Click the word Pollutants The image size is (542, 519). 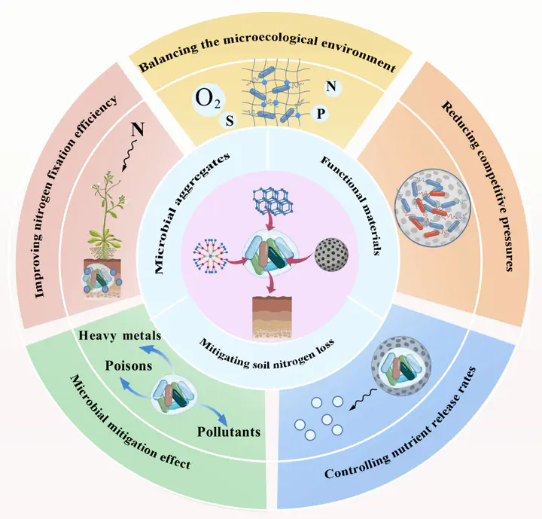[229, 432]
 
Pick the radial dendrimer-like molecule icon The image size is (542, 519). [211, 252]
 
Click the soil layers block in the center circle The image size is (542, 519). [270, 317]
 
